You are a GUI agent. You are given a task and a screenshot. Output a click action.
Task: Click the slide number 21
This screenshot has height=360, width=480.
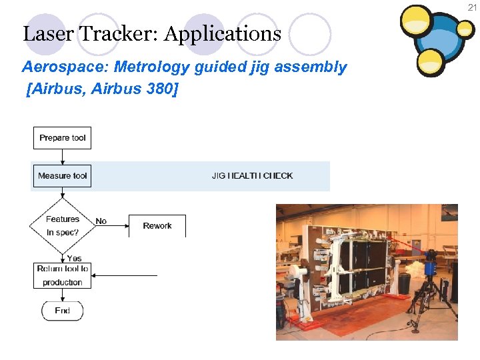pyautogui.click(x=472, y=7)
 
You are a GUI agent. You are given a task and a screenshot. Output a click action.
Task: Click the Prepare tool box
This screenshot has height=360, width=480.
pyautogui.click(x=62, y=138)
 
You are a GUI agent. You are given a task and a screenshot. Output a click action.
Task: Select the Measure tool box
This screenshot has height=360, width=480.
pyautogui.click(x=62, y=176)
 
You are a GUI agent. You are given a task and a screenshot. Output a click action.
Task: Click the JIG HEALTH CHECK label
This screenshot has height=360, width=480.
pyautogui.click(x=252, y=176)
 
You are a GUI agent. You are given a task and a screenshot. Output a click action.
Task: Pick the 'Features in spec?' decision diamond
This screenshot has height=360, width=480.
pyautogui.click(x=62, y=226)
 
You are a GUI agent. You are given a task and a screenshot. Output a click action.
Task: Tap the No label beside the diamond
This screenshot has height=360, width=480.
pyautogui.click(x=101, y=221)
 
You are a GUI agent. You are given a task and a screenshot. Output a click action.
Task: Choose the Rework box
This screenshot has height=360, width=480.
pyautogui.click(x=157, y=226)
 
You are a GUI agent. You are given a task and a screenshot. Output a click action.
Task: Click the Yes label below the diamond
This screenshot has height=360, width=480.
pyautogui.click(x=74, y=258)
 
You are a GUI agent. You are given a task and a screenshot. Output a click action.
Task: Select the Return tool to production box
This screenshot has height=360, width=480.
pyautogui.click(x=62, y=275)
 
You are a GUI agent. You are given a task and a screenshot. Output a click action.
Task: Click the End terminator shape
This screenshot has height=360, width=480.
pyautogui.click(x=62, y=311)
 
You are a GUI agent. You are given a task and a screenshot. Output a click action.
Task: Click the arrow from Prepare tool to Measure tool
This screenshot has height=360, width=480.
pyautogui.click(x=62, y=157)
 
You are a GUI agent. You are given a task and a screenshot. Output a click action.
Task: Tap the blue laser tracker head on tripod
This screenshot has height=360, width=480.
pyautogui.click(x=431, y=262)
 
